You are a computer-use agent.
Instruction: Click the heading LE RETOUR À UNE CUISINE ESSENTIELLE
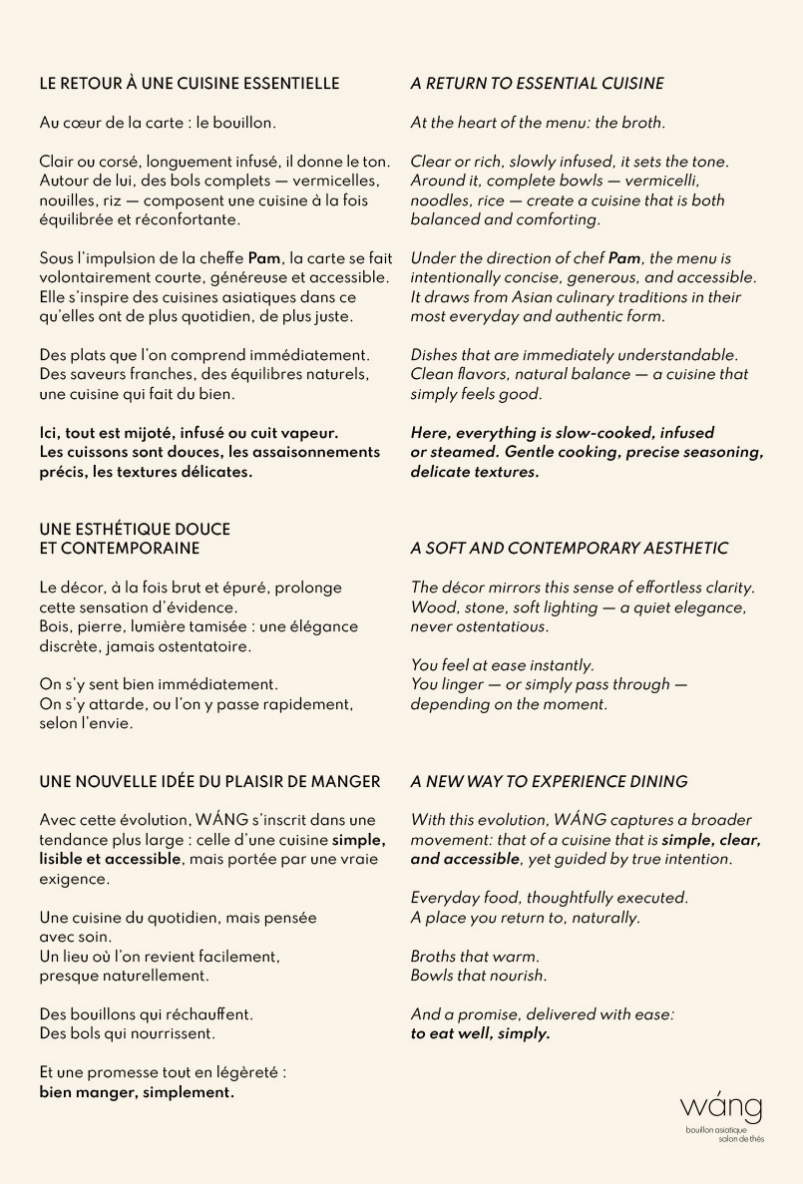click(189, 84)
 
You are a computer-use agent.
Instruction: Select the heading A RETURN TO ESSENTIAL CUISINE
click(537, 84)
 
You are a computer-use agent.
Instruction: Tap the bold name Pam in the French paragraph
click(264, 258)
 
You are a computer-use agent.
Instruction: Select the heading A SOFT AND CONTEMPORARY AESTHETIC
click(569, 549)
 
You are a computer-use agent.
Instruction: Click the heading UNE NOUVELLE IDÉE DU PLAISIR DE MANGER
click(209, 781)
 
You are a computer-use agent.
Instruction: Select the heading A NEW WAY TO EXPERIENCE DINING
click(549, 782)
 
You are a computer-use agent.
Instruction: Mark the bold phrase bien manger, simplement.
click(137, 1092)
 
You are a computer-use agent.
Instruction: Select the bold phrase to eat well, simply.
click(480, 1034)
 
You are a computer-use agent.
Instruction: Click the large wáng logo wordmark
click(721, 1107)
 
